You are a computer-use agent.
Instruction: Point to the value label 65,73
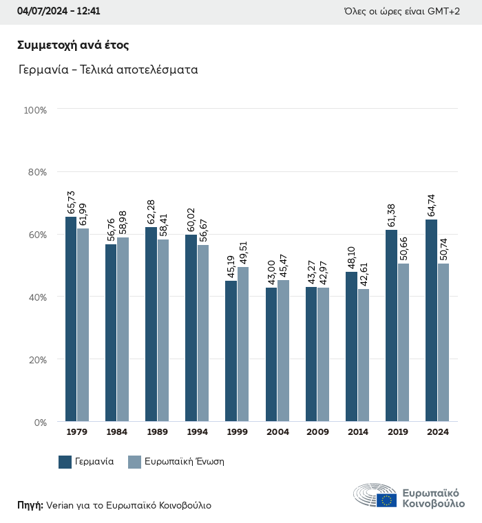[71, 203]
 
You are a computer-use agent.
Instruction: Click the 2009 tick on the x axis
[317, 432]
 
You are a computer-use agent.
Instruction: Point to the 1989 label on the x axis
[157, 432]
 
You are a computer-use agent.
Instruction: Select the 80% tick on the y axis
[35, 172]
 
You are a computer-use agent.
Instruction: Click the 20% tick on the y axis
[35, 360]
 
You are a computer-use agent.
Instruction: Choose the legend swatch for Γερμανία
[65, 462]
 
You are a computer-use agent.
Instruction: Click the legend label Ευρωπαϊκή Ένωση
[184, 462]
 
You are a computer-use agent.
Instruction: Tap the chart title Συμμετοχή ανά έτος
[73, 45]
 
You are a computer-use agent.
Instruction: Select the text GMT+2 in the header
[445, 12]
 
